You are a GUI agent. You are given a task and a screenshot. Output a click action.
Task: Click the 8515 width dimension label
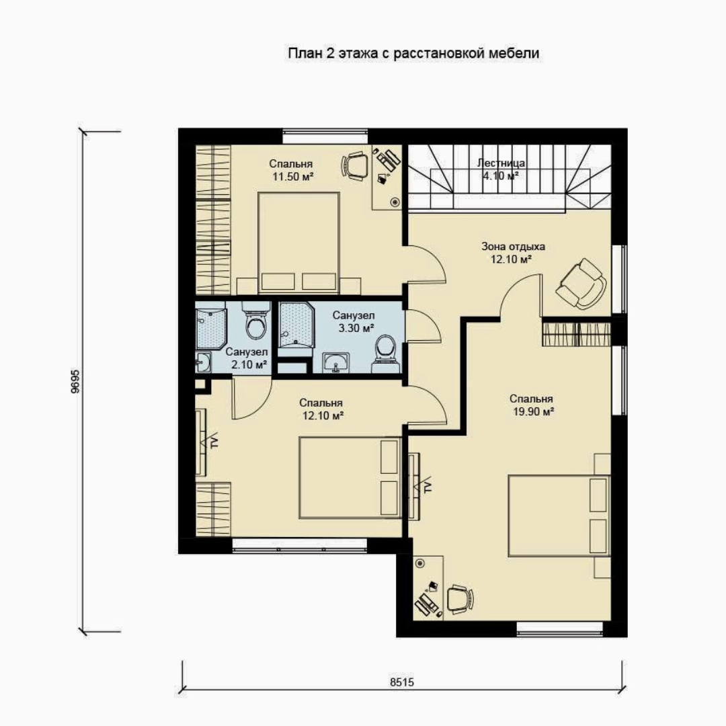click(402, 682)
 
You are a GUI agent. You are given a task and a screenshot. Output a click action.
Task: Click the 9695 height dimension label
click(75, 381)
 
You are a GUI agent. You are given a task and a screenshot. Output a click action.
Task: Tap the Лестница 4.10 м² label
click(501, 169)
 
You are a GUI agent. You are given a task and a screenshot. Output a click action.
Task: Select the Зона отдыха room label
click(513, 246)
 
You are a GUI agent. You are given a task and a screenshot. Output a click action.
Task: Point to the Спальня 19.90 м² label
click(532, 405)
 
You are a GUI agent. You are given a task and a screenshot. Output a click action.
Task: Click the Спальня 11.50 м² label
click(291, 170)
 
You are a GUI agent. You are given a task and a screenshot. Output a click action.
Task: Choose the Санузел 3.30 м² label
click(354, 322)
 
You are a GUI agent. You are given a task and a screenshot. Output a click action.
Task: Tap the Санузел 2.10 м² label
click(247, 358)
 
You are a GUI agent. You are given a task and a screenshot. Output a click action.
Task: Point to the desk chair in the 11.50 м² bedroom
click(355, 165)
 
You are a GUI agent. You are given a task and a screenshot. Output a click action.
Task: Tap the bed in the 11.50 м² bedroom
click(298, 243)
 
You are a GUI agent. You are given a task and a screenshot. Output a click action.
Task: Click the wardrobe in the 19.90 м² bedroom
click(577, 333)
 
